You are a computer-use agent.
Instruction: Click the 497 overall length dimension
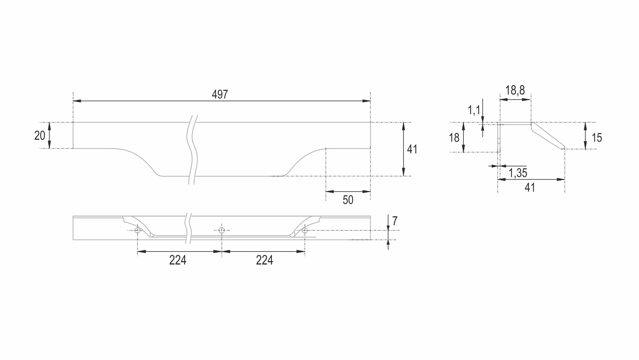click(220, 94)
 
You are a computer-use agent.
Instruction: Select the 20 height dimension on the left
click(40, 135)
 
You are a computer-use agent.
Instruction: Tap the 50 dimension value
click(348, 200)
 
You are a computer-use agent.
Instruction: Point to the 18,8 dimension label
click(515, 90)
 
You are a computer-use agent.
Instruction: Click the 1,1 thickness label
click(474, 110)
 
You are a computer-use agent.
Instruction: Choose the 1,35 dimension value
click(518, 173)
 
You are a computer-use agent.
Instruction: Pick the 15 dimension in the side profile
click(597, 138)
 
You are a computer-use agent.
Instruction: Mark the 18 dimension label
click(454, 138)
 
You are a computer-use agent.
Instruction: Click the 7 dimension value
click(395, 221)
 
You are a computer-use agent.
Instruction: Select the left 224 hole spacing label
click(178, 260)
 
